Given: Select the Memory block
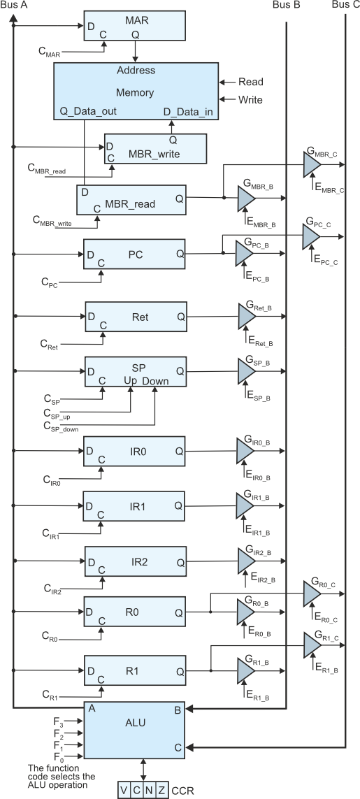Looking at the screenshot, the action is (136, 91).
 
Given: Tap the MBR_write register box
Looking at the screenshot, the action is (155, 149).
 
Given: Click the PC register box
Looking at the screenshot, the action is (135, 254).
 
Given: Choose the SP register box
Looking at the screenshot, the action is (136, 372).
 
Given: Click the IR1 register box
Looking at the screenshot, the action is (134, 507).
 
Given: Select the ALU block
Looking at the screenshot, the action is (135, 730).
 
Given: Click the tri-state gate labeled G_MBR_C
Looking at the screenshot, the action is (312, 164).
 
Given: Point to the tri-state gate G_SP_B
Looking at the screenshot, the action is (246, 371).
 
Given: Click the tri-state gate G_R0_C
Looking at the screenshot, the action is (312, 593).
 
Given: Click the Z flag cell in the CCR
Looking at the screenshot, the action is (161, 791).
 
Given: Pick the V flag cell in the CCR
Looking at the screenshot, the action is (124, 791).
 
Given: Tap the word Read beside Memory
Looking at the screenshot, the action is (251, 82).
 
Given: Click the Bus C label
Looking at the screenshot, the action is (345, 5).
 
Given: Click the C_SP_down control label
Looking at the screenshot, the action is (61, 427).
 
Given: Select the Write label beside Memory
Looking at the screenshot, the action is (251, 99).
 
